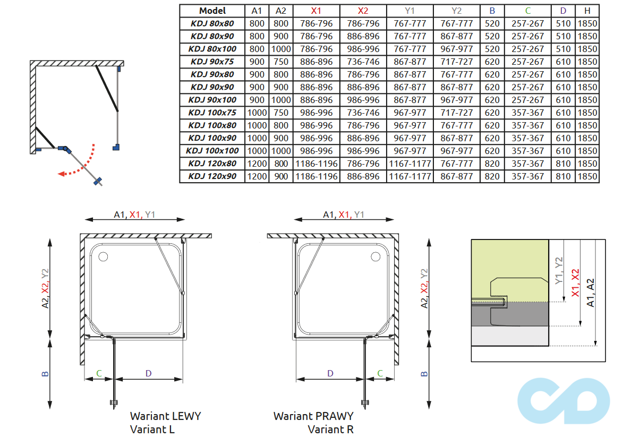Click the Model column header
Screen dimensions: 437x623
[212, 11]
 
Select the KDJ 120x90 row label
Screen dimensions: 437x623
[212, 176]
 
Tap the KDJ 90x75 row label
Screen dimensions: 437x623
[212, 62]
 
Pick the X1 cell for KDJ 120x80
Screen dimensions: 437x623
[317, 164]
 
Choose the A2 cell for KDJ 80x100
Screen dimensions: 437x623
[281, 49]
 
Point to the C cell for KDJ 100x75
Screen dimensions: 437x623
[527, 113]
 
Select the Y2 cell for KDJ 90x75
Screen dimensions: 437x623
[456, 62]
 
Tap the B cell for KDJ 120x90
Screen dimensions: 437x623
[492, 176]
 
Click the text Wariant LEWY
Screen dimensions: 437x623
[165, 416]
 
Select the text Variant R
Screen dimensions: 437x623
[330, 429]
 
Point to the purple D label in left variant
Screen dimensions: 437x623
[149, 373]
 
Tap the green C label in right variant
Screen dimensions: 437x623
[380, 373]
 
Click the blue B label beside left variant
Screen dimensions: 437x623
[45, 373]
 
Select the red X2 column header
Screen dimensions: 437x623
[363, 11]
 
